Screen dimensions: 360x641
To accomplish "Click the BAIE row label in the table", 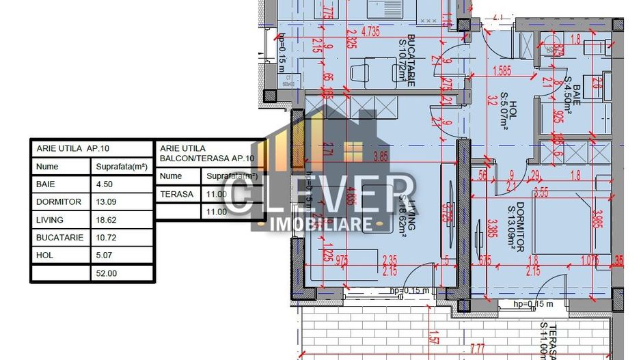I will (47, 184).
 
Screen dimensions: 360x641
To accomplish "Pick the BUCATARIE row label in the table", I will (59, 238).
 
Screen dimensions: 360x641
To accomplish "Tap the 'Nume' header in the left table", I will (47, 167).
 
